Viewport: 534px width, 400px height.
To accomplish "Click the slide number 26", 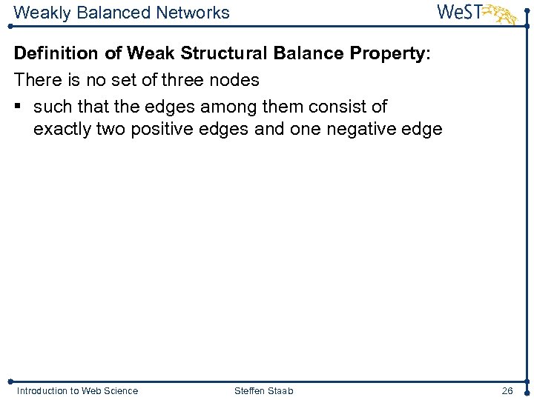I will (x=507, y=390).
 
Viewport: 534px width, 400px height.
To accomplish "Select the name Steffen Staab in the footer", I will (x=263, y=390).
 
